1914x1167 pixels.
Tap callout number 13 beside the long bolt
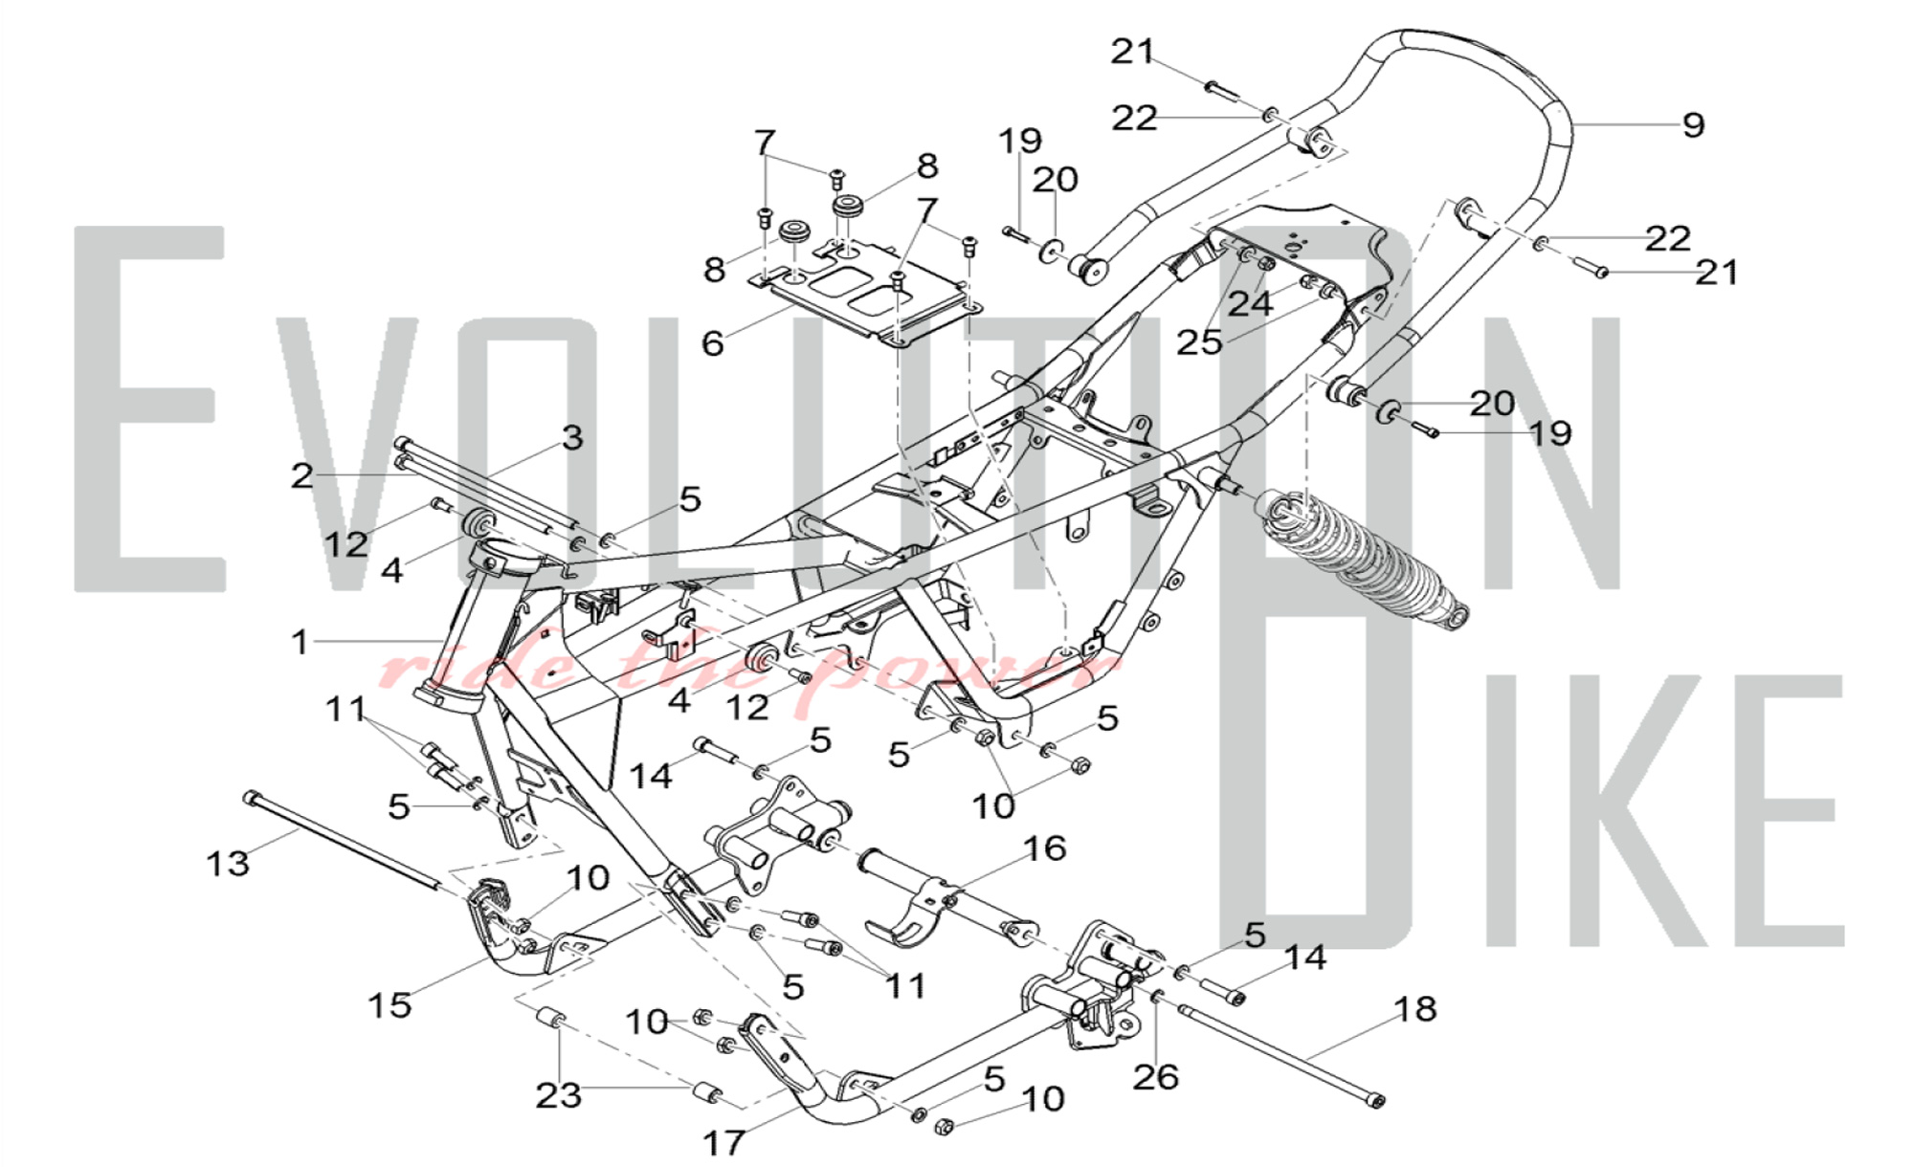pos(228,864)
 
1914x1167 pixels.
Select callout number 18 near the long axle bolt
pos(1416,1009)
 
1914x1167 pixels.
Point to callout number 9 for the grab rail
pos(1693,125)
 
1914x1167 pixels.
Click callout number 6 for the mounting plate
pos(713,343)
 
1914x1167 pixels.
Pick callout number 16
pos(1044,848)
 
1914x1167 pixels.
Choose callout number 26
pos(1155,1077)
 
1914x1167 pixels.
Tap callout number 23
pos(558,1095)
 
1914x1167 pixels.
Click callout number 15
pos(390,1004)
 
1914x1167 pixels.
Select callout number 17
pos(724,1142)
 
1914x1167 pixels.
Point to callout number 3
pos(572,438)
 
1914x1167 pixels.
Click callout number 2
pos(302,475)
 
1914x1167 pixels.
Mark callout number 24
pos(1250,303)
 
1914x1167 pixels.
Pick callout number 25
pos(1200,341)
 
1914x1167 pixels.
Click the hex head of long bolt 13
pos(251,797)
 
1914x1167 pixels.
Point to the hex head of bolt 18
pos(1376,1103)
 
